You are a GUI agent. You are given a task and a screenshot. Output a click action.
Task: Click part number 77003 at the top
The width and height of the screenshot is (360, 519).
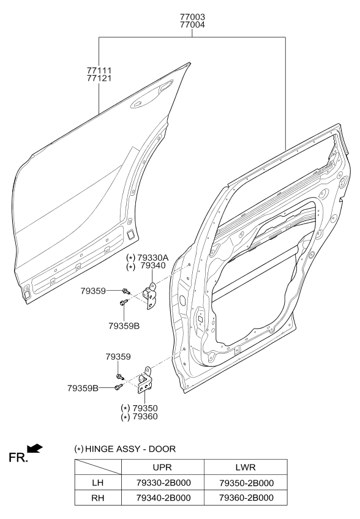tap(192, 17)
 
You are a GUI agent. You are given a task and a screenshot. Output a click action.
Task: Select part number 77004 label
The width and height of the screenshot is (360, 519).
tap(192, 26)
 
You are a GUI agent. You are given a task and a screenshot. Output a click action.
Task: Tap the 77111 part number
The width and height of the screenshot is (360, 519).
tap(99, 70)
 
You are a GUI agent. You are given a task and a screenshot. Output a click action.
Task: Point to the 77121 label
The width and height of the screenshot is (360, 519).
tap(99, 79)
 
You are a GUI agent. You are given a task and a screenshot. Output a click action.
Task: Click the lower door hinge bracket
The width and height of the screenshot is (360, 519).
tap(146, 382)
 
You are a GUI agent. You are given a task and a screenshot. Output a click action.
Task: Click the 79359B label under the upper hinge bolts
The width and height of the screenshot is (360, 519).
tap(124, 326)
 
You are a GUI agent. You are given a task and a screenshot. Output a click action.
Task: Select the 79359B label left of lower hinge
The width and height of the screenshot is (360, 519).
tap(83, 387)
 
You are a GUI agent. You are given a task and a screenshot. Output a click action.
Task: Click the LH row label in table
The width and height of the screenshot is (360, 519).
tap(97, 482)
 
